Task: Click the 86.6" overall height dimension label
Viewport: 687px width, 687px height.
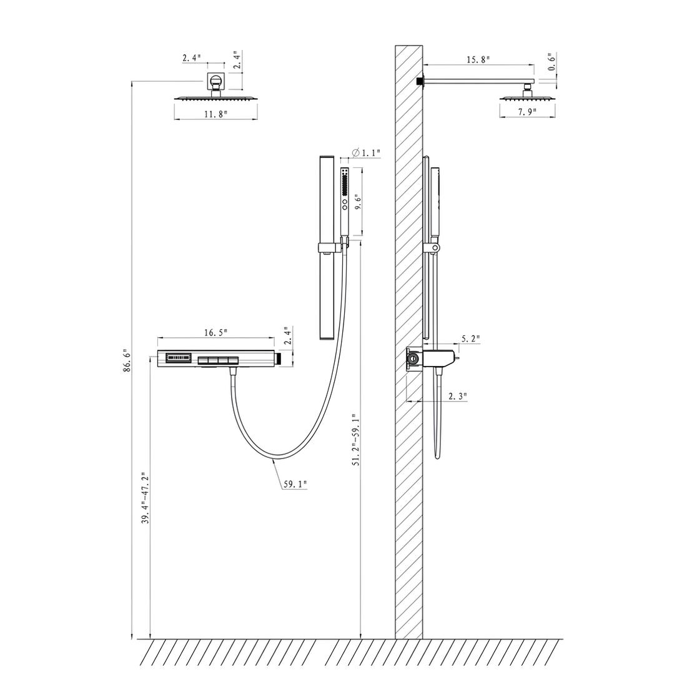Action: (127, 360)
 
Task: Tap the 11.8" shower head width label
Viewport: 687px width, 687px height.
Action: (215, 114)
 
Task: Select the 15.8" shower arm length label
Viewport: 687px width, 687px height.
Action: (478, 59)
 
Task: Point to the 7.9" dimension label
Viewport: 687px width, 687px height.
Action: (528, 112)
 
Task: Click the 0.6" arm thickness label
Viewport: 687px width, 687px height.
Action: (551, 61)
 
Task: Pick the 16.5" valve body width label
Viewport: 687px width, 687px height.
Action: (215, 332)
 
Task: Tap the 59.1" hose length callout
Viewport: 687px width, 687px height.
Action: (295, 484)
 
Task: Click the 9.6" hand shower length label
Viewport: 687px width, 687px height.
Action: (358, 204)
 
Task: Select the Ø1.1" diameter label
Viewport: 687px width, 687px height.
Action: (366, 152)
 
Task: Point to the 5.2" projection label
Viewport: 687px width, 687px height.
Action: (470, 339)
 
